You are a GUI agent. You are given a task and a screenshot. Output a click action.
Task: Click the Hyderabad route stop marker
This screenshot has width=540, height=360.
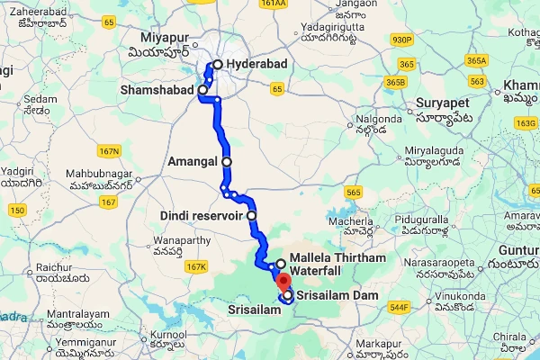[x=217, y=65]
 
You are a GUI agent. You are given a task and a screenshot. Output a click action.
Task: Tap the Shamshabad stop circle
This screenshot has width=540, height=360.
[x=203, y=90]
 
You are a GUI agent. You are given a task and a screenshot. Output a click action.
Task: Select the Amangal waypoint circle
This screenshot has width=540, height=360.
[x=227, y=162]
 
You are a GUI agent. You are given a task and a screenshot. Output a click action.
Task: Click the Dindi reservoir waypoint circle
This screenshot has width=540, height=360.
[x=252, y=216]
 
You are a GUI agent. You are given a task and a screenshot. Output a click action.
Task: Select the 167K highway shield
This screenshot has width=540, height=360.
[x=195, y=267]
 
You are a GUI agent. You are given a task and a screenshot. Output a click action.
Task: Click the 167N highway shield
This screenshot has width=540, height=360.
[x=110, y=150]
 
